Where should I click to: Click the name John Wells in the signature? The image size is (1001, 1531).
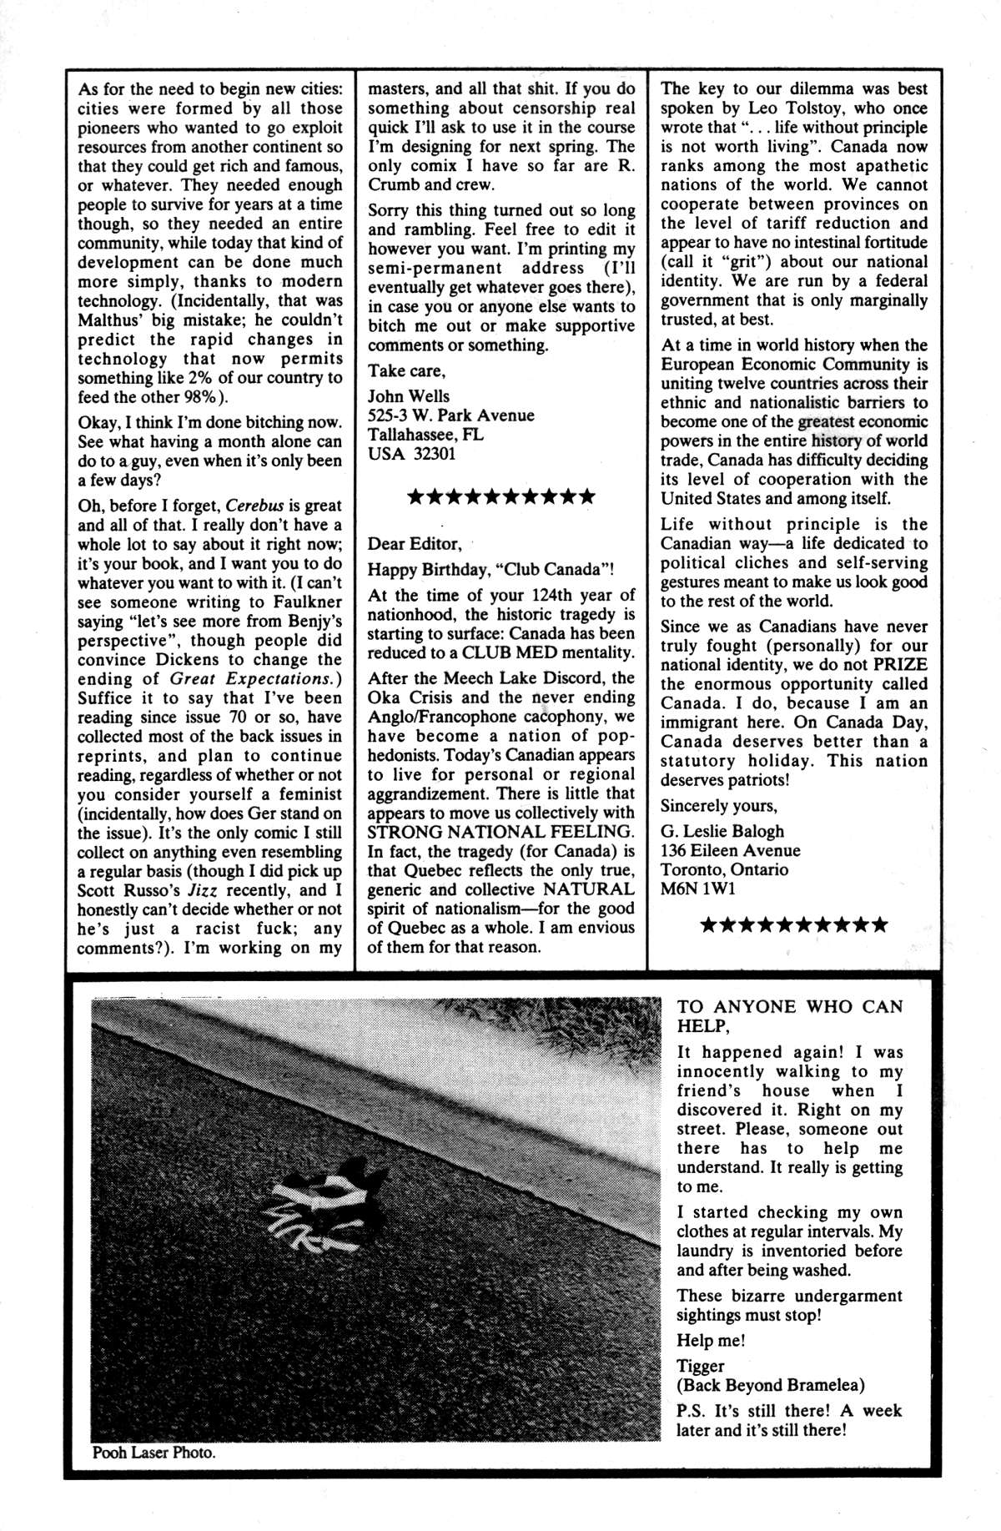tap(409, 396)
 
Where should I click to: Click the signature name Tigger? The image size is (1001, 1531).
tap(701, 1366)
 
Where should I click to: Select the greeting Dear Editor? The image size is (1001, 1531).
tap(415, 544)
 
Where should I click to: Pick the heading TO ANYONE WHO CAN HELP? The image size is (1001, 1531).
tap(789, 1016)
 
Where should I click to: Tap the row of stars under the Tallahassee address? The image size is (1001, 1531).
tap(500, 497)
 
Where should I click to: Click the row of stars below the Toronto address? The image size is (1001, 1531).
tap(793, 924)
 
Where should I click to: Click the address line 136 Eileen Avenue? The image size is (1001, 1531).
tap(730, 850)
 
